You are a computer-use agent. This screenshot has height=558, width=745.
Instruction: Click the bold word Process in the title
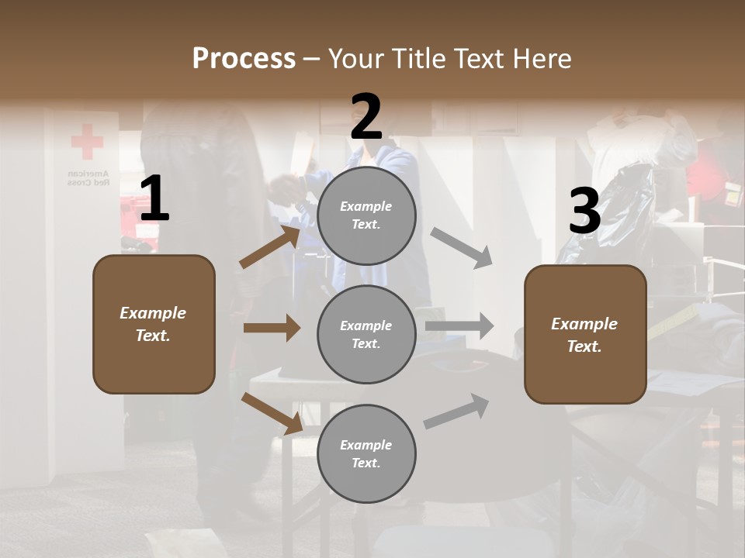[x=244, y=58]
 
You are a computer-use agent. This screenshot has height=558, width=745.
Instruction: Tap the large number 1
[x=154, y=199]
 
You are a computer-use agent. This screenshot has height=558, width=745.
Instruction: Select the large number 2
[x=366, y=117]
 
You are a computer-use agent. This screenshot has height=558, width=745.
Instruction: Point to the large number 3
[x=584, y=211]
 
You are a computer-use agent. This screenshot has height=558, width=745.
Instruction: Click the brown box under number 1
[x=154, y=324]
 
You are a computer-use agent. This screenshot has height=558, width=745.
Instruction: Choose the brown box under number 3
[x=585, y=335]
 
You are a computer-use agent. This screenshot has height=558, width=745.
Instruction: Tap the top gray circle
[x=366, y=215]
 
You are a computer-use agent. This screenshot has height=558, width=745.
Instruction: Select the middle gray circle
[x=366, y=334]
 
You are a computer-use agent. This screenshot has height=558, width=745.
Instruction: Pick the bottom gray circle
[x=366, y=453]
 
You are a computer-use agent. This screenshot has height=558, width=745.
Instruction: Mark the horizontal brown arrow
[x=272, y=328]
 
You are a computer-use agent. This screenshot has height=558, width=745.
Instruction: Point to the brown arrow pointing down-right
[x=272, y=414]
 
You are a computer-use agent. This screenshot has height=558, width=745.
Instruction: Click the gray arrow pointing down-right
[x=461, y=247]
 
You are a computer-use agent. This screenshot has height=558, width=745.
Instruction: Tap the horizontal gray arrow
[x=459, y=326]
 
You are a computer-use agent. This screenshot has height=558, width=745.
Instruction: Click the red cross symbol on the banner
[x=87, y=142]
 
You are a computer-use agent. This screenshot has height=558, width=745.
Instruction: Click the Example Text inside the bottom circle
[x=366, y=454]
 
